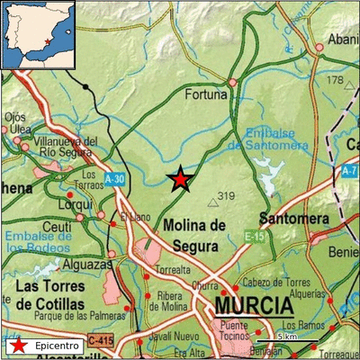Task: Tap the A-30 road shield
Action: coord(114,179)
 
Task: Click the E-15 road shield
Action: coord(253,236)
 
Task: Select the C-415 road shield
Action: coord(101,341)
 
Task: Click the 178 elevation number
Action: coord(336,82)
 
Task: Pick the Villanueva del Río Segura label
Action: coord(64,147)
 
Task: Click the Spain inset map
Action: coord(37,35)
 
